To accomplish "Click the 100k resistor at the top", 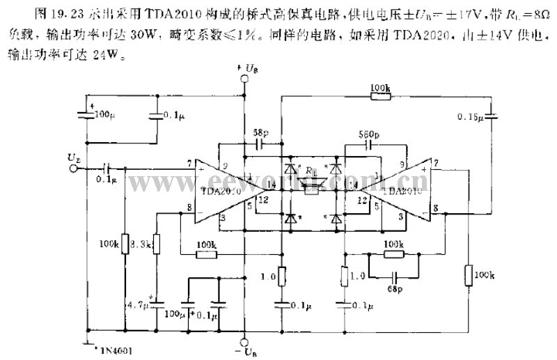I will click(379, 96).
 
